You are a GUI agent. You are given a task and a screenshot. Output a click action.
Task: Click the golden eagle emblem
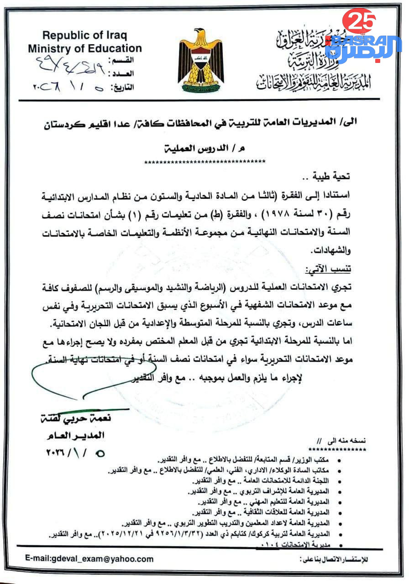point(200,61)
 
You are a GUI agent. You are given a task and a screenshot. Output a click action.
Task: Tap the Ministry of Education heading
point(84,48)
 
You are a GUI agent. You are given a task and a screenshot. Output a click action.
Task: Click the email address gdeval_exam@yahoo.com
point(89,558)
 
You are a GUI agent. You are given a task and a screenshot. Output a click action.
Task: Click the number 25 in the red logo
point(360,21)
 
